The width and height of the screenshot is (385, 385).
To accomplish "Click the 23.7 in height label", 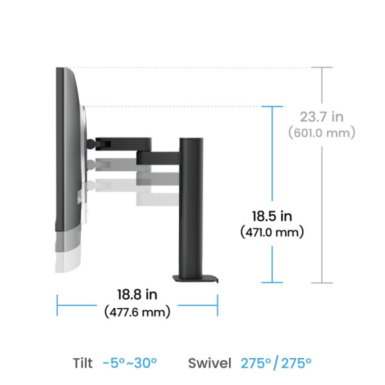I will click(x=321, y=117).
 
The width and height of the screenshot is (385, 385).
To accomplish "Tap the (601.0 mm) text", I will click(x=321, y=133).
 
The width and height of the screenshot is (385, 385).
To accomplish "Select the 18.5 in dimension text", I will click(x=272, y=216).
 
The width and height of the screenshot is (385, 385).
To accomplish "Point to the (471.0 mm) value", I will click(x=272, y=233).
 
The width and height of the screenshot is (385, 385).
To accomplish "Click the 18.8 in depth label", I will click(x=137, y=295).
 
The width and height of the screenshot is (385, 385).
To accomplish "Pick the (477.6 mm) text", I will click(x=137, y=311).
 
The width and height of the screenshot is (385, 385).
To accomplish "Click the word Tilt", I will click(x=83, y=363).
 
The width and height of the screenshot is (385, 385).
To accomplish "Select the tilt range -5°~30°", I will click(x=130, y=363).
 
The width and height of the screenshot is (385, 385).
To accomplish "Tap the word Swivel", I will click(x=210, y=363).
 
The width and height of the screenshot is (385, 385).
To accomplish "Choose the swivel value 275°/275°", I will click(x=276, y=363).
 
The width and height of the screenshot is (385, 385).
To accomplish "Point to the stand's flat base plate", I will click(x=195, y=278).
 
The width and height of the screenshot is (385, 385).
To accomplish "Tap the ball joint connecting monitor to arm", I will click(x=91, y=144).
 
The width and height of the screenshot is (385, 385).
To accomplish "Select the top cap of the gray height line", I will click(x=321, y=68).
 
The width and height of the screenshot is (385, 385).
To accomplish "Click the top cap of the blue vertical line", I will click(x=272, y=107).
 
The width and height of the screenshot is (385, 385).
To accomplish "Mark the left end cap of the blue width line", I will click(x=57, y=306).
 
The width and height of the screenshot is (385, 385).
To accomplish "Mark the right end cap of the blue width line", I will click(x=218, y=306).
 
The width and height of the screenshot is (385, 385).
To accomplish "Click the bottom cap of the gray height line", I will click(x=321, y=283).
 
